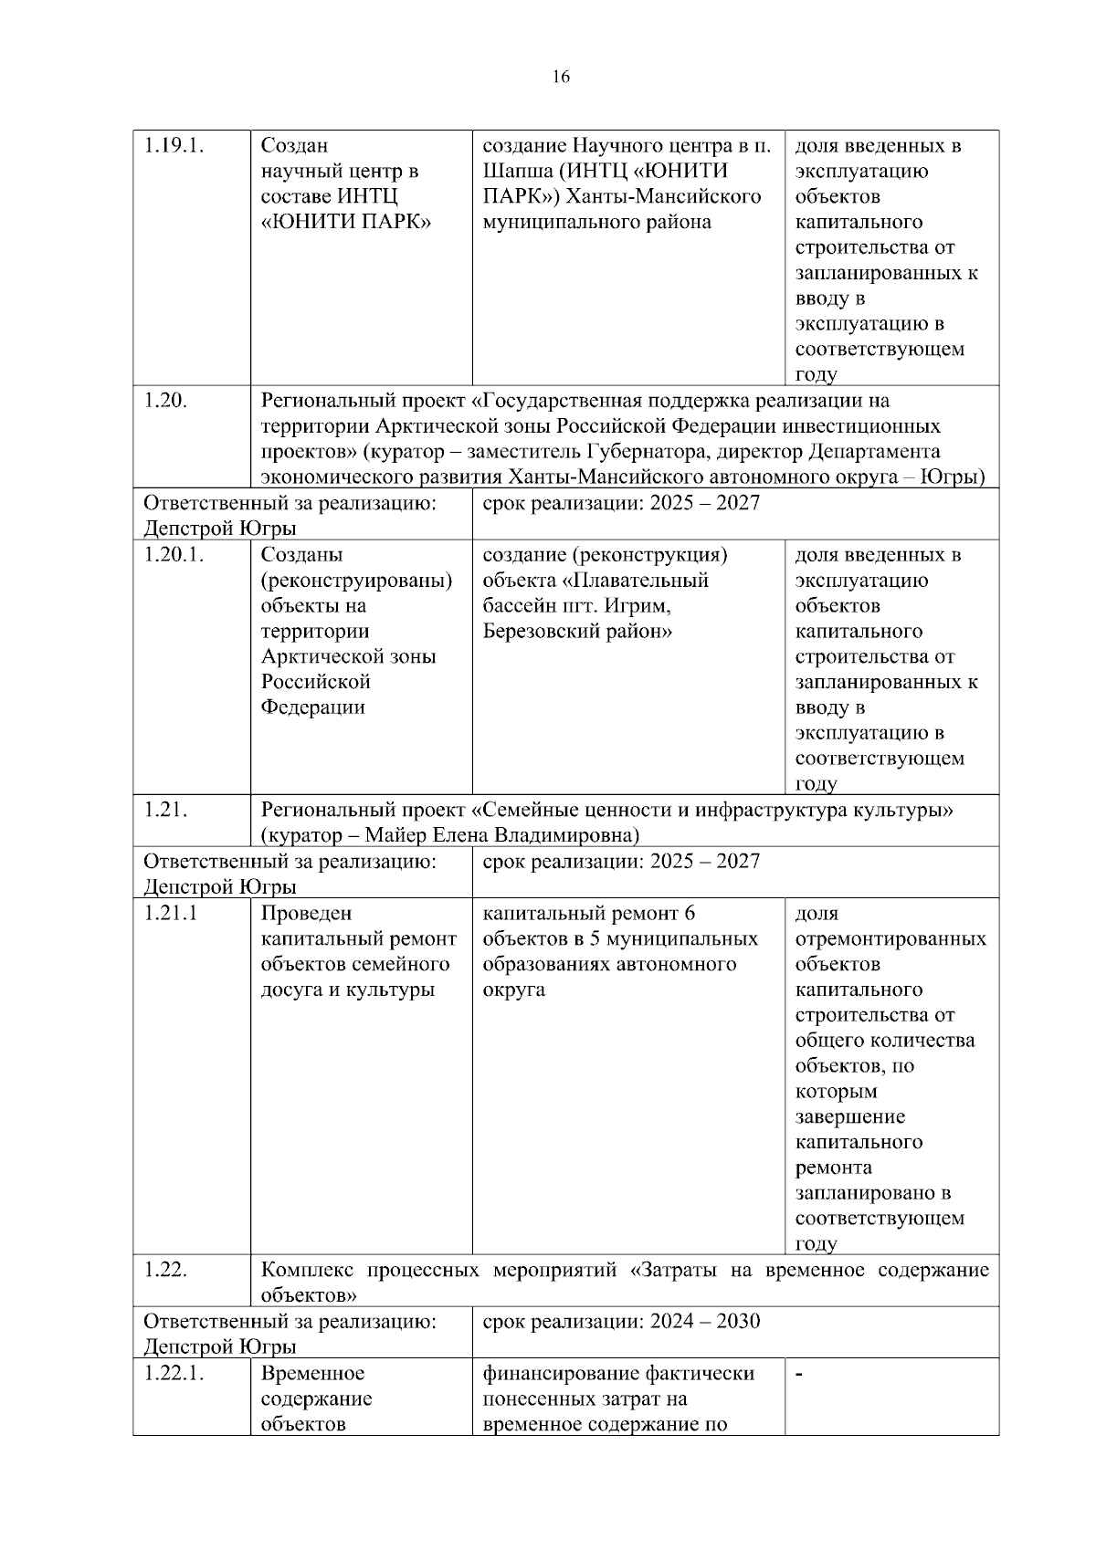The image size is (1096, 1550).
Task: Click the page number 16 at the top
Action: point(561,77)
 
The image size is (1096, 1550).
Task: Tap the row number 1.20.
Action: point(165,401)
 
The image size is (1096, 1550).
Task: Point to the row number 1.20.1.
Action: point(174,555)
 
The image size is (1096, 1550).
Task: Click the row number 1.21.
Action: point(165,810)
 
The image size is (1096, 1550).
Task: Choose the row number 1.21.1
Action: point(171,914)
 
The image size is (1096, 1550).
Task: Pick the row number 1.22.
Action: point(165,1271)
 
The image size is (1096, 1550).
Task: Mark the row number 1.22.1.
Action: point(174,1374)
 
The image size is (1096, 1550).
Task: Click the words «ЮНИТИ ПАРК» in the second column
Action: point(346,223)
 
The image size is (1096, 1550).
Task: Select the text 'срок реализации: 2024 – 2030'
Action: point(621,1322)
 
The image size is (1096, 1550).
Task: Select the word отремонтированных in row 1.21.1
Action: point(890,939)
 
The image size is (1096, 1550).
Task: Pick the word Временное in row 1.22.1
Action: point(312,1374)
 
